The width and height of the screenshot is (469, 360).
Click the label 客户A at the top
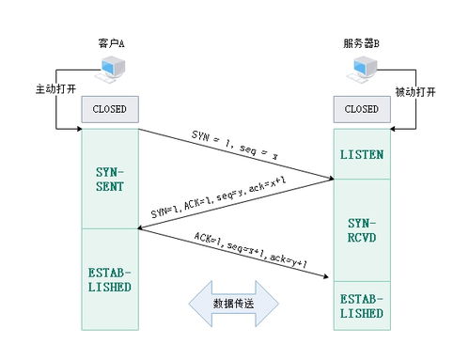[x=110, y=43]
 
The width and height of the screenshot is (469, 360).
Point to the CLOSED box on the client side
[x=109, y=110]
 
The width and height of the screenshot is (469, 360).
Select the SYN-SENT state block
[x=109, y=179]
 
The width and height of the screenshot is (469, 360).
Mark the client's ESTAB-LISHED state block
[x=109, y=279]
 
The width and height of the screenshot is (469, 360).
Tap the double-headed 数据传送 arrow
[x=234, y=304]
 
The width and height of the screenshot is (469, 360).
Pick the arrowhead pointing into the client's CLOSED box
[x=77, y=127]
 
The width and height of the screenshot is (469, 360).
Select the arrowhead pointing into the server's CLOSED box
[x=393, y=127]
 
